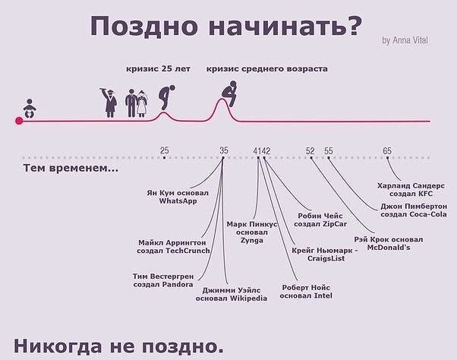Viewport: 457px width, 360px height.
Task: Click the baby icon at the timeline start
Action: click(30, 109)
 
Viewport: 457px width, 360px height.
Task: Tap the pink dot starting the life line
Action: click(19, 121)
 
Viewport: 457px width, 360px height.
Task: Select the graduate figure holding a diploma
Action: click(109, 103)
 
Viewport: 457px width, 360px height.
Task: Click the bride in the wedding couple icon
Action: click(142, 103)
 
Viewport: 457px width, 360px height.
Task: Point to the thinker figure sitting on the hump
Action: click(230, 93)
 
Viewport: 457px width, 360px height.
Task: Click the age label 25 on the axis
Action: click(165, 150)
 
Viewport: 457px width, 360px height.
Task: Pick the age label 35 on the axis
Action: click(223, 150)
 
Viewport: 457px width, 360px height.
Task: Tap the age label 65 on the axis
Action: click(387, 150)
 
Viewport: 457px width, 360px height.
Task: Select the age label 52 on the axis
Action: click(310, 150)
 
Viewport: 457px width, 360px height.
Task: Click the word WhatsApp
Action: click(178, 201)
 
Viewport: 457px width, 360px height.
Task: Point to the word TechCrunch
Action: click(188, 251)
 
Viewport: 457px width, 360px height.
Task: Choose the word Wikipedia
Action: click(248, 298)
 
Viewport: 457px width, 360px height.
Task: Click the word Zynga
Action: click(252, 241)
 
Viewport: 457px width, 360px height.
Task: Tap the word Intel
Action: click(323, 295)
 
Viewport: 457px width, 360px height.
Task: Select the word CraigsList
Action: click(326, 258)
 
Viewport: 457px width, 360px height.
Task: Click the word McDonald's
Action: click(389, 248)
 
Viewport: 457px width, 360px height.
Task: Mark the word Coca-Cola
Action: click(428, 214)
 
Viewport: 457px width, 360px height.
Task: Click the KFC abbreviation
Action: click(426, 194)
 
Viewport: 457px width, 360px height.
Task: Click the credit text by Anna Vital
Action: click(405, 40)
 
